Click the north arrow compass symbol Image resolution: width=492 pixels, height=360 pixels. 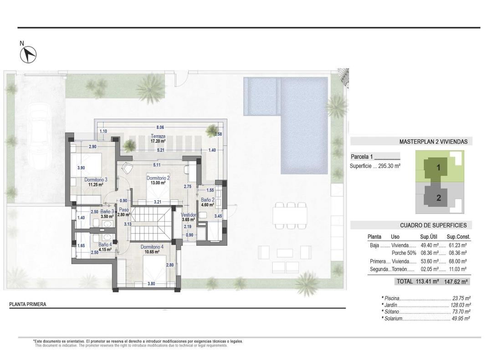click(28, 55)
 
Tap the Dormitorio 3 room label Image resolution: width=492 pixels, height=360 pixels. click(96, 180)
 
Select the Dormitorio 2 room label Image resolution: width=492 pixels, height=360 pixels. click(158, 178)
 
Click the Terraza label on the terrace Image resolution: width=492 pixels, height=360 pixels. click(159, 136)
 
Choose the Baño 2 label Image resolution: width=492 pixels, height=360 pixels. click(207, 200)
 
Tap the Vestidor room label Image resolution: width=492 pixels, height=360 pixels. click(189, 215)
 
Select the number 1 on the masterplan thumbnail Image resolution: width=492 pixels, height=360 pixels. click(438, 167)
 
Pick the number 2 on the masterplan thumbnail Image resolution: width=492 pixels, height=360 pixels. click(438, 198)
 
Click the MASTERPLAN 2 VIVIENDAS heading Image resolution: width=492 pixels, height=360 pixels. click(433, 142)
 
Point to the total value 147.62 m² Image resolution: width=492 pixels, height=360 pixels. click(457, 282)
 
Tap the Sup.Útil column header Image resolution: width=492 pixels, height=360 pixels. click(430, 237)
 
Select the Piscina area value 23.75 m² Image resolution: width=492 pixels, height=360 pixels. click(461, 299)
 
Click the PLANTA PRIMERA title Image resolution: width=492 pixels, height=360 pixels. click(28, 304)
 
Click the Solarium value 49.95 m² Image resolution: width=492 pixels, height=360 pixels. click(461, 319)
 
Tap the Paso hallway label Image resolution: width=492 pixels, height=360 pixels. click(123, 210)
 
